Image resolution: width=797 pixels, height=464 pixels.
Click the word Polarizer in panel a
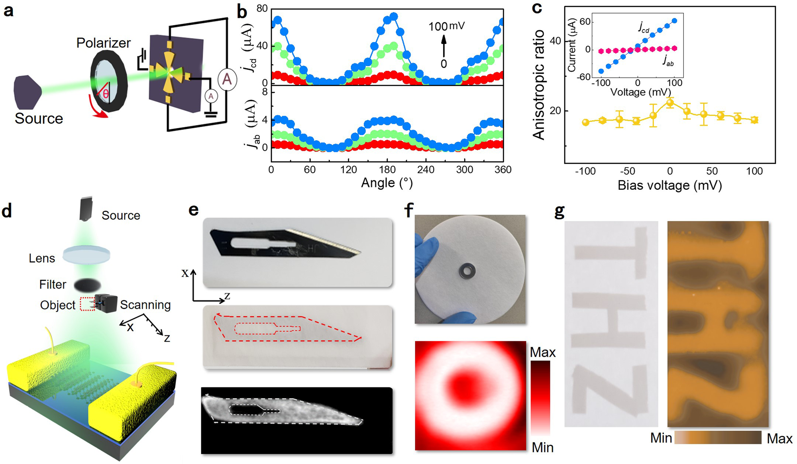pos(103,43)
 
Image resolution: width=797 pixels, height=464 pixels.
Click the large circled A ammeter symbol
pos(227,79)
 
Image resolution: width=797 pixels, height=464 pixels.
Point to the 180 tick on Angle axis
pos(387,170)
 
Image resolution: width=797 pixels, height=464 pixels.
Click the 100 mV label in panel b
pos(446,27)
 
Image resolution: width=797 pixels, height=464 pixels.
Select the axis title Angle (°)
pos(387,183)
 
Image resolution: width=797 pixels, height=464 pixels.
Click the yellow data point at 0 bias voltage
pos(670,103)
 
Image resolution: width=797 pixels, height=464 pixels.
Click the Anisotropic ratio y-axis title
pos(539,85)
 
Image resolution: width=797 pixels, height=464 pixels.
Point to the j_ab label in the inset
pos(668,61)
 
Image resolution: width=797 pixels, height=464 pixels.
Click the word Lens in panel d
pos(42,258)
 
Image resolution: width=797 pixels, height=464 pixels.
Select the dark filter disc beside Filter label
pos(87,285)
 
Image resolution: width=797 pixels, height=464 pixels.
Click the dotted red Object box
pos(87,304)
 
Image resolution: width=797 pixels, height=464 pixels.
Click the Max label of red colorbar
pos(542,352)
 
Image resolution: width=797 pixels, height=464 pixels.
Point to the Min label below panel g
pos(661,438)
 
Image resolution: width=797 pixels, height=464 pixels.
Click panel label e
pos(193,210)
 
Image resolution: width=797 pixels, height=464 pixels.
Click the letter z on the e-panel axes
pos(227,296)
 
